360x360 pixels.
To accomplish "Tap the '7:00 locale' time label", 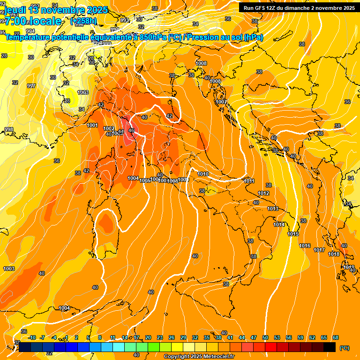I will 33,21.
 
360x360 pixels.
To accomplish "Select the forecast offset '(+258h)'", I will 83,21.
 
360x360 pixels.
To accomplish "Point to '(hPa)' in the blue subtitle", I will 253,37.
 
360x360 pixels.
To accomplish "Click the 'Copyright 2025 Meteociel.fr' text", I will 199,357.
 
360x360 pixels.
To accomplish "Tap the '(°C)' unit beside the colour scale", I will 344,348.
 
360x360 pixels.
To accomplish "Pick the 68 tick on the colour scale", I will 336,337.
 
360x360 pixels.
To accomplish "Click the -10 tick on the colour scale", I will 32,337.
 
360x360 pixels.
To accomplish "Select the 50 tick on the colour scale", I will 265,337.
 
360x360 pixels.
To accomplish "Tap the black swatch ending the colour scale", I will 330,347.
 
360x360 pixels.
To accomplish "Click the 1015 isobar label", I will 293,234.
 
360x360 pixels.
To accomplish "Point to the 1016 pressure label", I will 305,246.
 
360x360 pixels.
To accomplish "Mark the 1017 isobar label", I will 319,250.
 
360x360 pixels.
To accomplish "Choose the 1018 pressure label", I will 334,254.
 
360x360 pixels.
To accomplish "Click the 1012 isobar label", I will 263,193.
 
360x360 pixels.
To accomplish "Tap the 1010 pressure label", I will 203,174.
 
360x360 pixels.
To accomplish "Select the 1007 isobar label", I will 221,102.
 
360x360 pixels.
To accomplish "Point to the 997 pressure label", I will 31,86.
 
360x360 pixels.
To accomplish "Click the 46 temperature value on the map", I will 131,130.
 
